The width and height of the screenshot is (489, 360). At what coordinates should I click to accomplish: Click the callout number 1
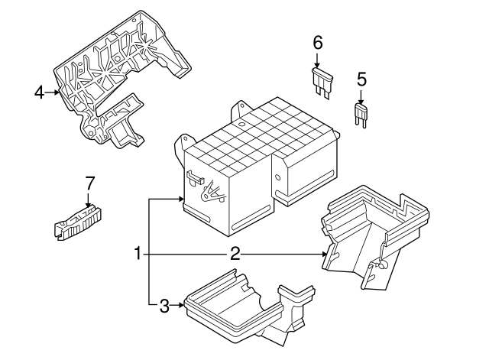point(138,253)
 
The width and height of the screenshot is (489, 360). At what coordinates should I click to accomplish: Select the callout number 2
point(235,253)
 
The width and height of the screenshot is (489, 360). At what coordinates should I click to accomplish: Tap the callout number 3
point(164,307)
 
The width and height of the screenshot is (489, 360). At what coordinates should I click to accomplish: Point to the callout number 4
point(39,93)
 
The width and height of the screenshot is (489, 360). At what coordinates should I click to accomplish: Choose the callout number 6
point(317,44)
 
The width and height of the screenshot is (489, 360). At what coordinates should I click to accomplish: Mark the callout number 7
point(89,183)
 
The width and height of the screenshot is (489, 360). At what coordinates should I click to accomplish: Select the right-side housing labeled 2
point(374,237)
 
